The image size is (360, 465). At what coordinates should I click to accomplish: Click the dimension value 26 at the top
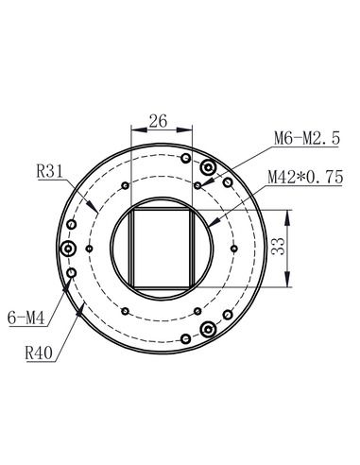pos(159,121)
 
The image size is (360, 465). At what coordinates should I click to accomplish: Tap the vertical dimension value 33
pos(279,249)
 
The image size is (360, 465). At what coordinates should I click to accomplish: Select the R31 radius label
pos(48,172)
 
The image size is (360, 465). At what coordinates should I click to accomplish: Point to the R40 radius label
pos(39,355)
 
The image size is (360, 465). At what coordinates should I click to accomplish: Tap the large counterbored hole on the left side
pos(69,250)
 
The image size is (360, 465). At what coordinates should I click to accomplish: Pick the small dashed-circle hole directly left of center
pos(88,249)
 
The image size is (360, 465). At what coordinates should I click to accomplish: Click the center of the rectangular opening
pos(161,249)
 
